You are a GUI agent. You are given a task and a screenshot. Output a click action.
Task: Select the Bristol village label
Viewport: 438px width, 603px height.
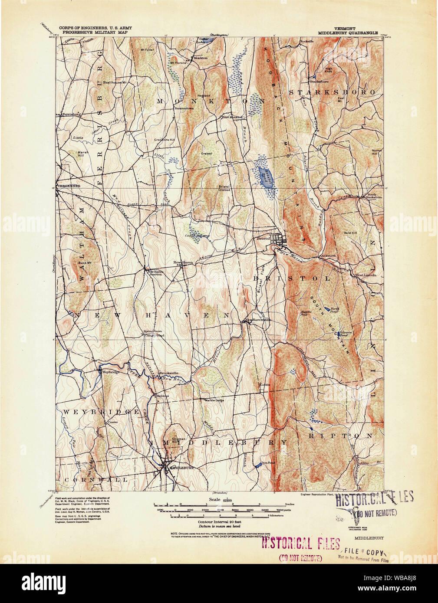pyautogui.click(x=263, y=238)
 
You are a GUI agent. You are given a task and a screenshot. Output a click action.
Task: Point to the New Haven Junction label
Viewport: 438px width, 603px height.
pyautogui.click(x=155, y=273)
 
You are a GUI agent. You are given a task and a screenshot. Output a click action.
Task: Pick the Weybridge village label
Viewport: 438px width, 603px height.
pyautogui.click(x=110, y=372)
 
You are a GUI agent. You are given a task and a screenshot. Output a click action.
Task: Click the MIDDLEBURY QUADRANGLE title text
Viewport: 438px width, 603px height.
pyautogui.click(x=351, y=33)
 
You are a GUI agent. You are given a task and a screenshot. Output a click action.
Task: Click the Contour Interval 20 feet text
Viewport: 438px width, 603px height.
pyautogui.click(x=219, y=522)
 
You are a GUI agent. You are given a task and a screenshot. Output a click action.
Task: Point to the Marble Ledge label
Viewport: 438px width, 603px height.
pyautogui.click(x=214, y=400)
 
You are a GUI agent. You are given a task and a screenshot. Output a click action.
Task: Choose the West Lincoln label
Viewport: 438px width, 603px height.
pyautogui.click(x=366, y=275)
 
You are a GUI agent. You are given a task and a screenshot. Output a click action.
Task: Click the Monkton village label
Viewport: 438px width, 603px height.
pyautogui.click(x=201, y=58)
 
